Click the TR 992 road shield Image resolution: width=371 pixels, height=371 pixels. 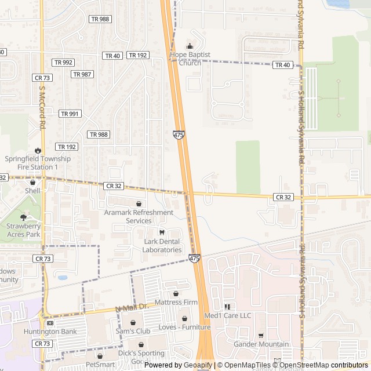63,63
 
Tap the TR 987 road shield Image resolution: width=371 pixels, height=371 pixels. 82,74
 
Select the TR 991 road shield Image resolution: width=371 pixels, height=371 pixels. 70,114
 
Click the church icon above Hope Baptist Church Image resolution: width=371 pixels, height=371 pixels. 189,46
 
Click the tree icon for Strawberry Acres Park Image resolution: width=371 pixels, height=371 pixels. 23,218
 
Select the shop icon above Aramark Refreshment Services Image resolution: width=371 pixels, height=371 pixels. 139,204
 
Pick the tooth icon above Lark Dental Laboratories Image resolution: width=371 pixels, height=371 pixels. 162,233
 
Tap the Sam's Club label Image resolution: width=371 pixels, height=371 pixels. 133,331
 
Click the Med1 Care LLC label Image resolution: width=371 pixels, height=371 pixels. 228,316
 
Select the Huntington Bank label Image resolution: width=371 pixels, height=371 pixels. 50,332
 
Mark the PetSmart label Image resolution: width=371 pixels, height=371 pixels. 100,365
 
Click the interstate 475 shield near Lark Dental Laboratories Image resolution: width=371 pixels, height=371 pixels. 194,258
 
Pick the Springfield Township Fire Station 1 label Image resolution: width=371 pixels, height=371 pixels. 38,163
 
